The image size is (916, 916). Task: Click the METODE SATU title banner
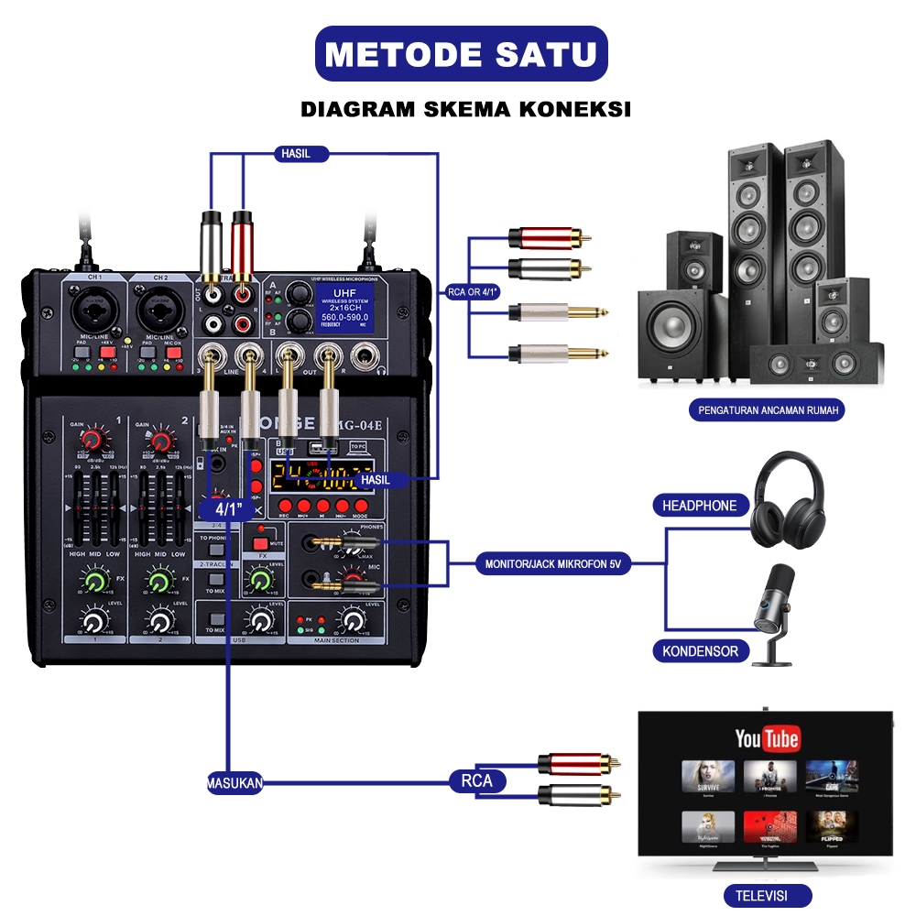tap(462, 53)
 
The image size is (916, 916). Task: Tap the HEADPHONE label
tap(700, 505)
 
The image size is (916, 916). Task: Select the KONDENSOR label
tap(700, 651)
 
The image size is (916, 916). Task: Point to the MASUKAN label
tap(235, 782)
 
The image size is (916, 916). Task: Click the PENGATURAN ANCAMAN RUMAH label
tap(767, 409)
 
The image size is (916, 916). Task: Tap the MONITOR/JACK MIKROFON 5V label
tap(553, 564)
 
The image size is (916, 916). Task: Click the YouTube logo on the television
tap(767, 738)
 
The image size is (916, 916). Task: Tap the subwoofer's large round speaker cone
tap(675, 326)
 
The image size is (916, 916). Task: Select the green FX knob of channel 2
tap(159, 580)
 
